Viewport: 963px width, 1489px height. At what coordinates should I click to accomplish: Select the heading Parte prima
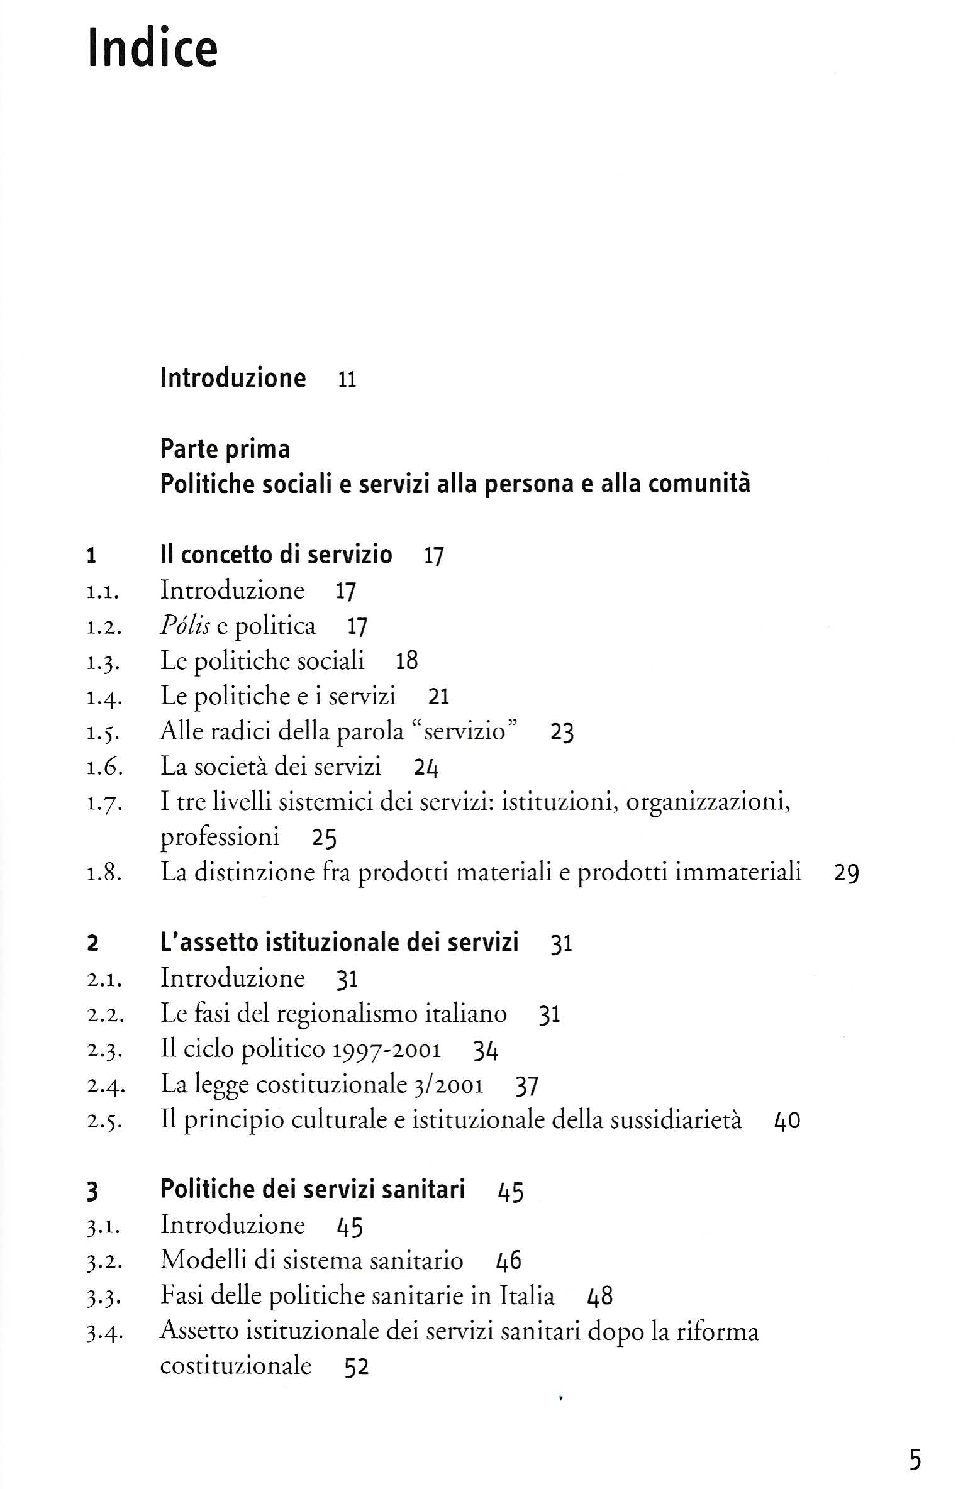point(225,450)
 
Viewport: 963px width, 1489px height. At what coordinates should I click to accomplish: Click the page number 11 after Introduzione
point(347,380)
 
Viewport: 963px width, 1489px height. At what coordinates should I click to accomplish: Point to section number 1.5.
point(104,733)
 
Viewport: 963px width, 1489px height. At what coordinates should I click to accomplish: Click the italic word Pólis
point(185,626)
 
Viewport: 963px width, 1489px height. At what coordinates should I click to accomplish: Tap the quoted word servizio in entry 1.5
point(465,731)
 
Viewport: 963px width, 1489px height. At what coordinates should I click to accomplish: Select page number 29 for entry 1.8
point(847,873)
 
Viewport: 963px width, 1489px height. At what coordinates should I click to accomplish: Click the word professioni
point(220,837)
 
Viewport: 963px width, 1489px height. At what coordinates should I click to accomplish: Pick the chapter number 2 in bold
point(93,943)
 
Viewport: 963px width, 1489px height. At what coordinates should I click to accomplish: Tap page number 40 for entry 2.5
point(787,1121)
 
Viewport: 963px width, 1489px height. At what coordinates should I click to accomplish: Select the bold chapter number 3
point(93,1192)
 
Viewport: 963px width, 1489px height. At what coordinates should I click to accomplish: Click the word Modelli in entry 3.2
point(203,1261)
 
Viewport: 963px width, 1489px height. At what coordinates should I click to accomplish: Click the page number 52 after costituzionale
point(357,1367)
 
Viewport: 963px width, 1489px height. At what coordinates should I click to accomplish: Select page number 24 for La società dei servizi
point(426,768)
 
